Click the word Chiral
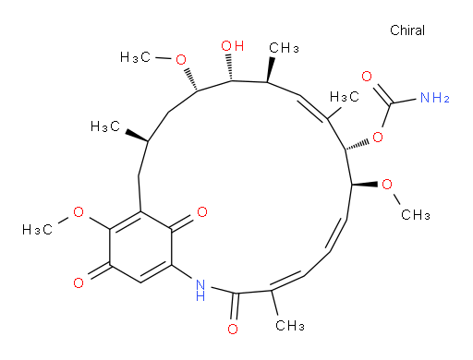click(407, 30)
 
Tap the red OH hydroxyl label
click(233, 46)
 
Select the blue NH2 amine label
click(435, 98)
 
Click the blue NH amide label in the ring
click(200, 290)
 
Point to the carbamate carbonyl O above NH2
click(367, 76)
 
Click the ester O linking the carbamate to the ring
click(378, 137)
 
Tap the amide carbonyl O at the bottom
click(233, 329)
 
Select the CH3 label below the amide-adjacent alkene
click(290, 325)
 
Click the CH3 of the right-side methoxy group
click(416, 214)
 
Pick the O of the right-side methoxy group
click(387, 185)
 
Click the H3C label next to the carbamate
click(345, 97)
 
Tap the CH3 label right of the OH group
click(284, 48)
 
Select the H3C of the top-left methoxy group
click(135, 57)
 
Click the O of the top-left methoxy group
click(181, 59)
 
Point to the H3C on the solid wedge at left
click(105, 126)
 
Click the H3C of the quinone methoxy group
click(37, 230)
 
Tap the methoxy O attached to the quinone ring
click(79, 212)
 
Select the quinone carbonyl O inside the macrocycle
click(202, 211)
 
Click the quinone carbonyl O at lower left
click(79, 282)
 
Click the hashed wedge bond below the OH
click(229, 67)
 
